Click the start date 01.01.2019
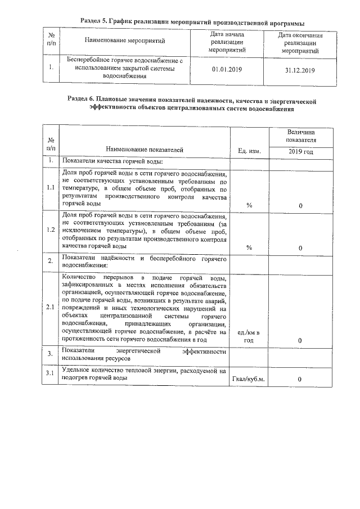pyautogui.click(x=225, y=70)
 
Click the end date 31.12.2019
pyautogui.click(x=300, y=70)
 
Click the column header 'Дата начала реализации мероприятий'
pyautogui.click(x=226, y=42)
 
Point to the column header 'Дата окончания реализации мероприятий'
pyautogui.click(x=300, y=43)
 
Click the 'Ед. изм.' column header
pyautogui.click(x=249, y=151)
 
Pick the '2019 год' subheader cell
pyautogui.click(x=300, y=151)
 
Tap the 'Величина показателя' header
pyautogui.click(x=300, y=135)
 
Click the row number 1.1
pyautogui.click(x=51, y=188)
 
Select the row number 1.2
pyautogui.click(x=51, y=229)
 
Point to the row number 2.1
pyautogui.click(x=51, y=308)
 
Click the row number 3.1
pyautogui.click(x=51, y=373)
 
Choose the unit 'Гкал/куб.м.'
pyautogui.click(x=249, y=379)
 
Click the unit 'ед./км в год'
pyautogui.click(x=249, y=337)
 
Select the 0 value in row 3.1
pyautogui.click(x=300, y=379)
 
